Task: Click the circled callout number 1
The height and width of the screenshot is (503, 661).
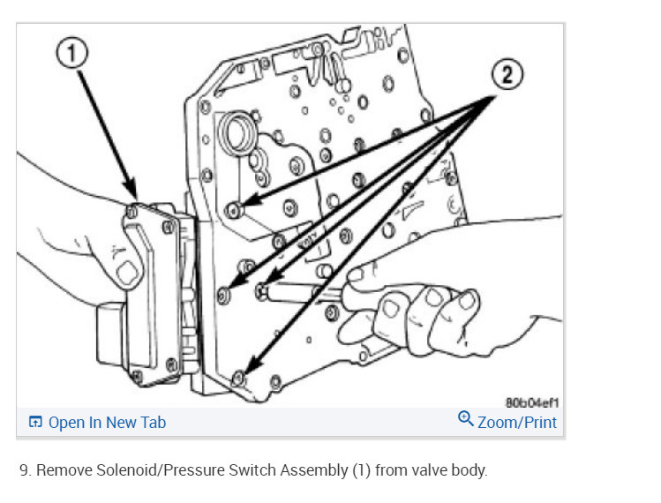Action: (x=73, y=53)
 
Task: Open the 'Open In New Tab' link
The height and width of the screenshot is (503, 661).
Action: (x=107, y=422)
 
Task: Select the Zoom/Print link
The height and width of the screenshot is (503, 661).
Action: (x=517, y=422)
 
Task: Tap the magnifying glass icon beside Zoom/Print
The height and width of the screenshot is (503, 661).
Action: (x=466, y=419)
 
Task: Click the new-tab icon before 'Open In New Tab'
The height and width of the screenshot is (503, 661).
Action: (x=35, y=422)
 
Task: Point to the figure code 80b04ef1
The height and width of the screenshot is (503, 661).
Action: (x=531, y=402)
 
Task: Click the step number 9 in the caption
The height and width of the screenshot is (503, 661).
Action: (x=25, y=470)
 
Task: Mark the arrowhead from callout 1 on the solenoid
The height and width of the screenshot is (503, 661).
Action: (x=135, y=192)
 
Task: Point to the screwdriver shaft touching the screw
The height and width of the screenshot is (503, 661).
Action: (x=300, y=292)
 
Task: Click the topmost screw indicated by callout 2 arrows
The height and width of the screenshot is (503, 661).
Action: (x=233, y=209)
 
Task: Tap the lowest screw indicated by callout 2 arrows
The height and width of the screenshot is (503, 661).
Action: (x=238, y=378)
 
